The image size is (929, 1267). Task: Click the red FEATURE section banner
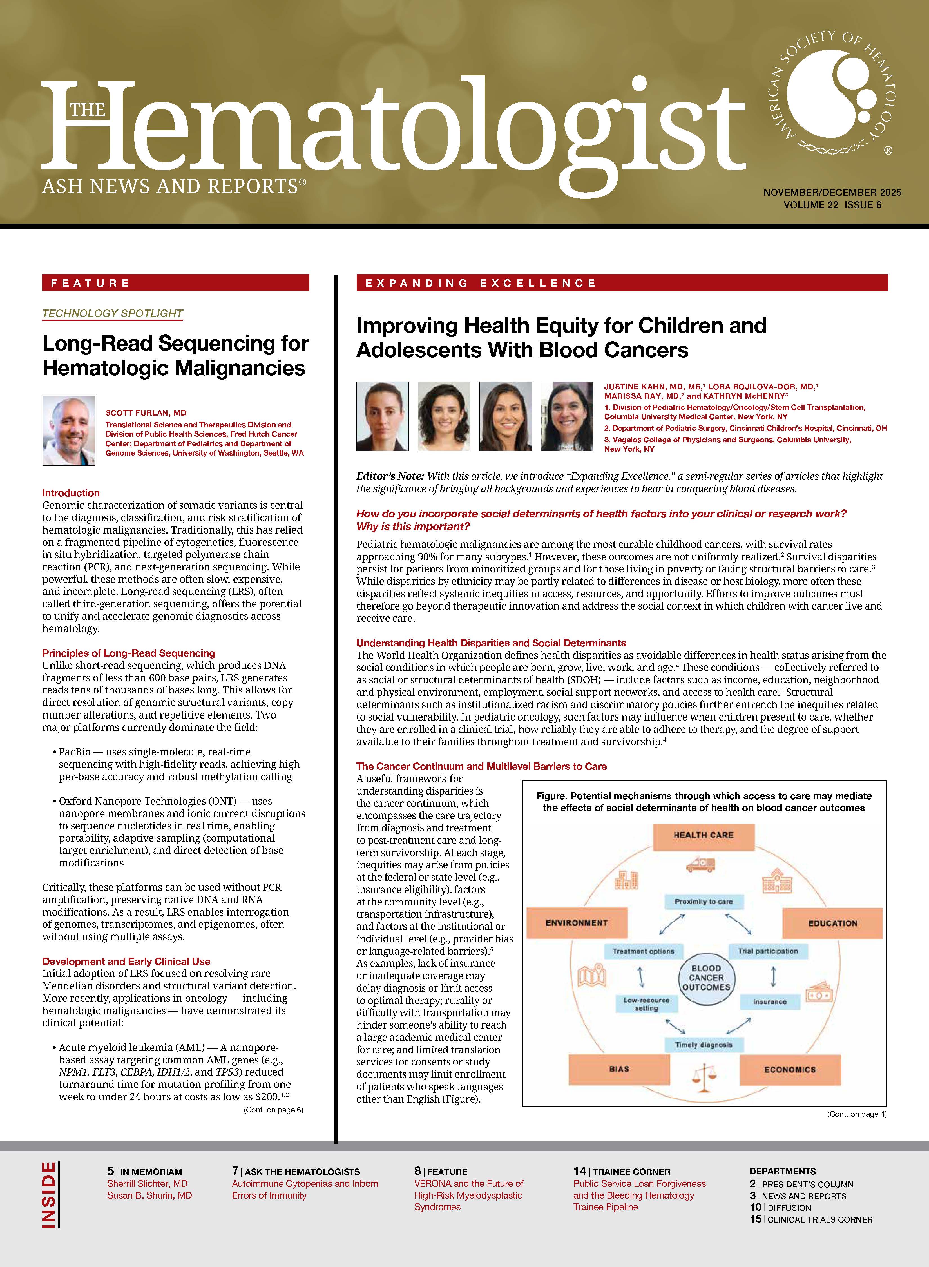[x=175, y=283]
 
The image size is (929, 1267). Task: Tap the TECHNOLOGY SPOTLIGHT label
[x=113, y=313]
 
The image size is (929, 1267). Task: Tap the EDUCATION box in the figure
[x=832, y=924]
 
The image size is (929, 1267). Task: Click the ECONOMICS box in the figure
[x=790, y=1070]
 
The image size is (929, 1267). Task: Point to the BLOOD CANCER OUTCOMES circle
[x=706, y=978]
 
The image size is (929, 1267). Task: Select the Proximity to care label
[x=704, y=902]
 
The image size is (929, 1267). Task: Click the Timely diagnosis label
[x=704, y=1045]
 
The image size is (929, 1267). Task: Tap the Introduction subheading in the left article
[x=71, y=493]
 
